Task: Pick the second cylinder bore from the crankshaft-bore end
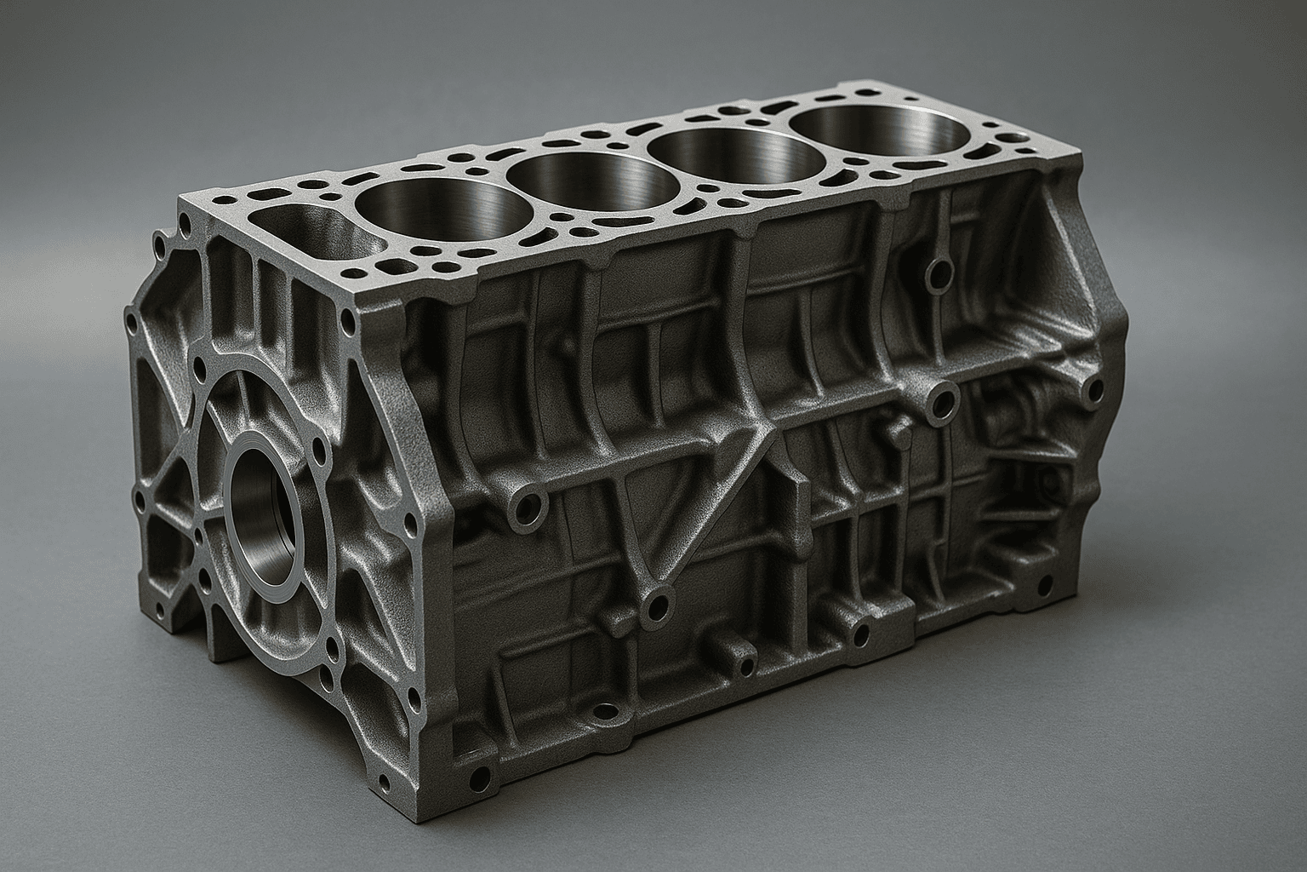coord(579,183)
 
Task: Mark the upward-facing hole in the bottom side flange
coord(605,710)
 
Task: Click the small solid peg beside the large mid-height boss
coord(896,432)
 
